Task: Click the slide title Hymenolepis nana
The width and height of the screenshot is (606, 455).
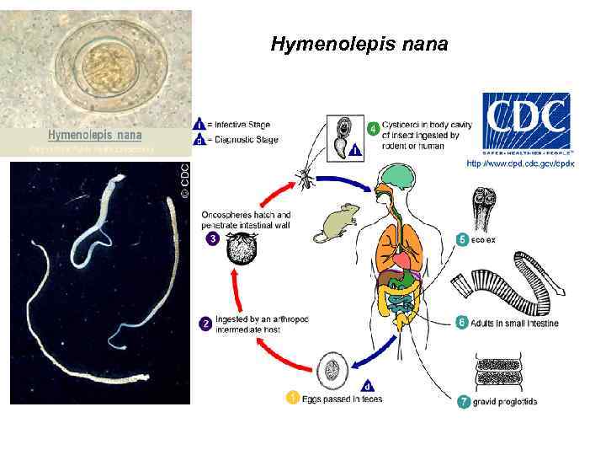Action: (359, 44)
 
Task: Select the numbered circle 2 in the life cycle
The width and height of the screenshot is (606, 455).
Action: (205, 323)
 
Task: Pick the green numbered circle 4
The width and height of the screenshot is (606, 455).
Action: (373, 130)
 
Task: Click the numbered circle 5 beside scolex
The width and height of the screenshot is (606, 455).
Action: (461, 239)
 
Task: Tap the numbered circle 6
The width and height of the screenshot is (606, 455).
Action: (461, 322)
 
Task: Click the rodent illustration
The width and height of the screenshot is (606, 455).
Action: (336, 222)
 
